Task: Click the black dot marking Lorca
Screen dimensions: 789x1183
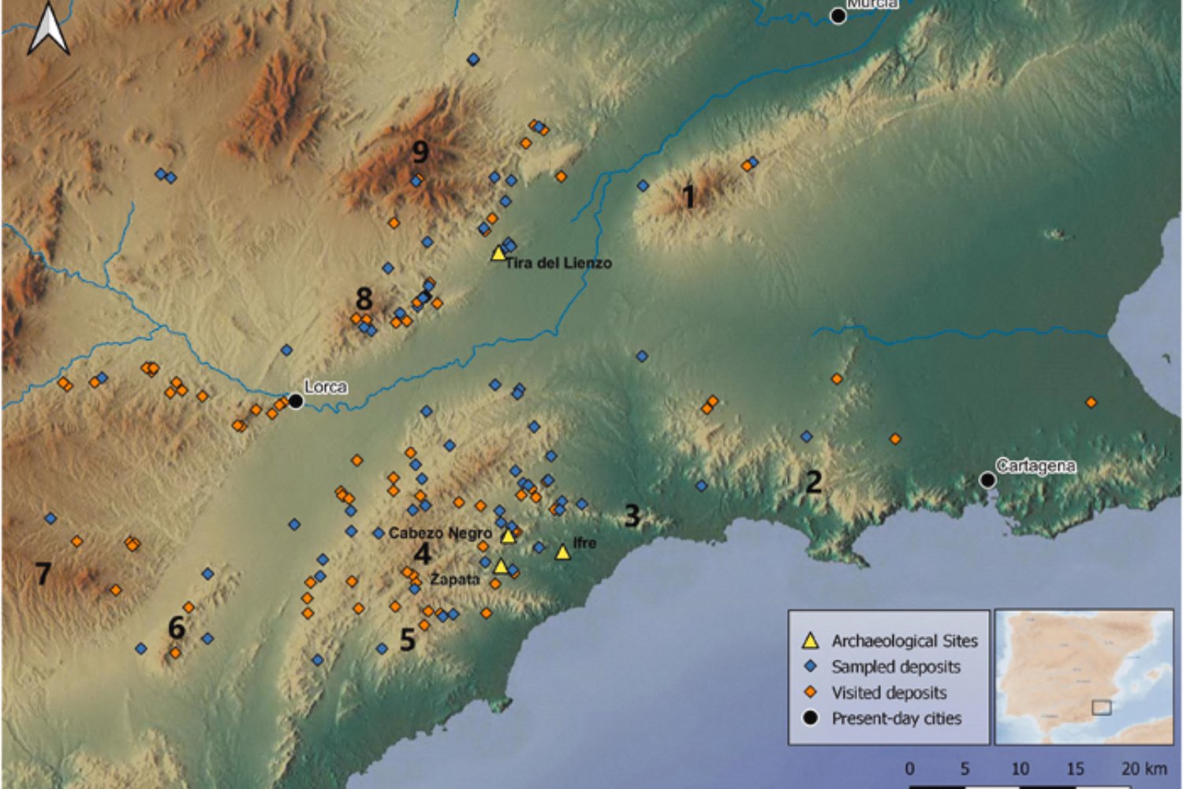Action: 296,401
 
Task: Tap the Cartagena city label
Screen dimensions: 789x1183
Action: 1035,466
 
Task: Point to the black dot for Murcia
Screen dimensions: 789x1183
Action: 838,16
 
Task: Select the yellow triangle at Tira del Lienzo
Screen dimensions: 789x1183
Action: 498,253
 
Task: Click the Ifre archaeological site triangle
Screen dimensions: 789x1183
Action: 562,552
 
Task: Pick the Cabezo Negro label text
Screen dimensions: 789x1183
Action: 440,533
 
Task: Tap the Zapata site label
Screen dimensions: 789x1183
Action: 454,579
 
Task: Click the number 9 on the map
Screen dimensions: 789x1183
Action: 420,151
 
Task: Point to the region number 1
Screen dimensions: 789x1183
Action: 689,196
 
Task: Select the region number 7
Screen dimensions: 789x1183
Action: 43,573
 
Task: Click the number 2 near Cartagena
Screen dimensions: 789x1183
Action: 813,481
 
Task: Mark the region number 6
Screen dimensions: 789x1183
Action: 176,628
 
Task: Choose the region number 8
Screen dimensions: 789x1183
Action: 364,299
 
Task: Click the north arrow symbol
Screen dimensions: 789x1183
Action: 49,29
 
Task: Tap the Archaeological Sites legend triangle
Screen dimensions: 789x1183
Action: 810,641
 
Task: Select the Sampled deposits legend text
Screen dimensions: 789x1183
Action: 896,667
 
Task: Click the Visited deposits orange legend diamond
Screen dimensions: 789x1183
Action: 810,693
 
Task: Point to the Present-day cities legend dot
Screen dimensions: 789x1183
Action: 810,718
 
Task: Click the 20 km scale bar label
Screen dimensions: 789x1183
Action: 1144,768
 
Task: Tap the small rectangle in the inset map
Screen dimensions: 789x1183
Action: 1101,707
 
